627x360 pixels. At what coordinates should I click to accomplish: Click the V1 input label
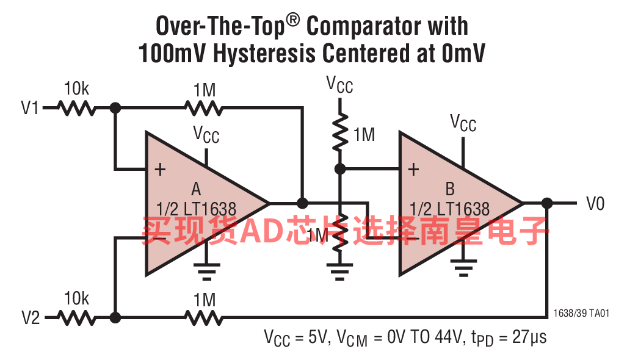point(30,108)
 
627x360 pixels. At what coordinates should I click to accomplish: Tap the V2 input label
point(31,318)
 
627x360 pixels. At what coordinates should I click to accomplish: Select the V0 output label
point(595,204)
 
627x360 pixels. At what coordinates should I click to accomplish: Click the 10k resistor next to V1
point(77,108)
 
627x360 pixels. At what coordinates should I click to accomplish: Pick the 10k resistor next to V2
point(77,318)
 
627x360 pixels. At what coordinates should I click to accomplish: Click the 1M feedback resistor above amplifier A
point(204,108)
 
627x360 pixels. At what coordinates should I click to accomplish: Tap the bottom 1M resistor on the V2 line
point(204,318)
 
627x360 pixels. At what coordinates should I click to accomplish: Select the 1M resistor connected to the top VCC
point(340,132)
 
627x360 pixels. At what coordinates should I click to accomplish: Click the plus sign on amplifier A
point(161,170)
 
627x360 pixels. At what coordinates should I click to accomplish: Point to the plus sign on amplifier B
point(413,170)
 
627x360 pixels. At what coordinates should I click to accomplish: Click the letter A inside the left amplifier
point(196,189)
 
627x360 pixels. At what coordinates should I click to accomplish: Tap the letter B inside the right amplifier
point(450,189)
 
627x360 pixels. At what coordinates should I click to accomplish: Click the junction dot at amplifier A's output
point(303,203)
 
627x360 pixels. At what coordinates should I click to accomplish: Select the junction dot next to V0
point(547,203)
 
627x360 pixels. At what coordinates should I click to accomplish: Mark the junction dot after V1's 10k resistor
point(115,108)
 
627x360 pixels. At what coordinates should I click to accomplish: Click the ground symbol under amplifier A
point(207,271)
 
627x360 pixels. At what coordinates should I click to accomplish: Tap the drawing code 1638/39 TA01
point(581,313)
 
